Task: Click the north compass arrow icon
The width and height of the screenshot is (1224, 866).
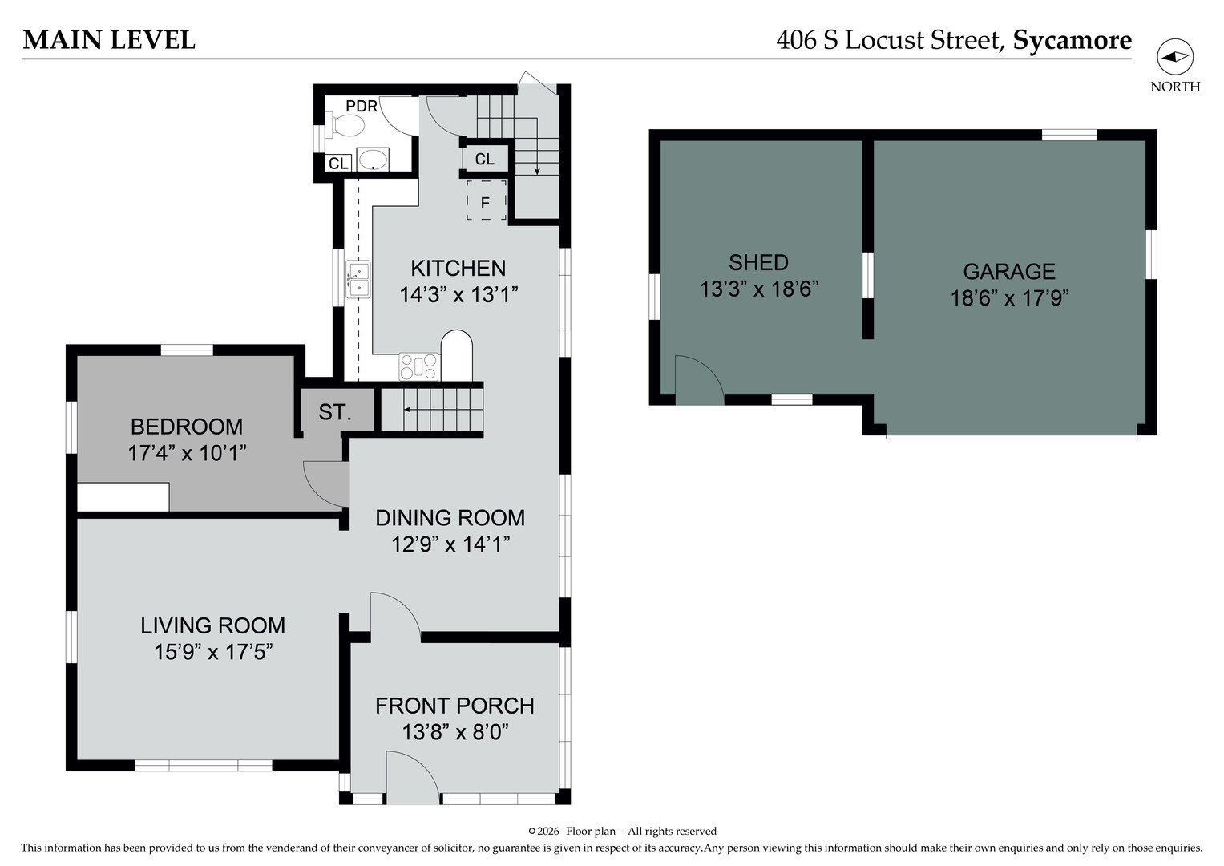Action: (x=1175, y=57)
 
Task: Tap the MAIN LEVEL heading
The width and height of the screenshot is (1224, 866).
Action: (x=109, y=40)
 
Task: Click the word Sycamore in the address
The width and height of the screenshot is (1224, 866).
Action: (x=1072, y=40)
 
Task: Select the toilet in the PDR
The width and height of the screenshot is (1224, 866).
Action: (x=346, y=125)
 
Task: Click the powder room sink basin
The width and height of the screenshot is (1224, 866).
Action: (x=373, y=160)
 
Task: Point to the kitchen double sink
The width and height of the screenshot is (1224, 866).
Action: (x=358, y=279)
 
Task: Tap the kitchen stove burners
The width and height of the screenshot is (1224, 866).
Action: (x=419, y=366)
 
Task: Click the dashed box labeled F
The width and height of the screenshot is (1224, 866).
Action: (x=486, y=200)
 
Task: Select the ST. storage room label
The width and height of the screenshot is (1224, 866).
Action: (x=334, y=412)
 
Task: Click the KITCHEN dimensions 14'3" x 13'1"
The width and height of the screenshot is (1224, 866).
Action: (x=458, y=295)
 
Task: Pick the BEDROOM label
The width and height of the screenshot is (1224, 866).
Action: (x=187, y=427)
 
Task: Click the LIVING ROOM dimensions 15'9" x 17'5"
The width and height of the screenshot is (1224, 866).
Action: (x=213, y=652)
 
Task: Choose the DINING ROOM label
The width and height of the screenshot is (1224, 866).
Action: (x=450, y=518)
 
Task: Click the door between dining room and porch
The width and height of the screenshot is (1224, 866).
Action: (x=394, y=615)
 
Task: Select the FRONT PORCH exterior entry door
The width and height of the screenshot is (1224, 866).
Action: (x=413, y=777)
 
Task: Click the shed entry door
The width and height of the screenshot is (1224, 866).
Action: (x=700, y=380)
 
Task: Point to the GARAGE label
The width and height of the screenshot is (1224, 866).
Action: (x=1009, y=271)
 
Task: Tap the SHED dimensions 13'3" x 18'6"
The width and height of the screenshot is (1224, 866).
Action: (x=759, y=289)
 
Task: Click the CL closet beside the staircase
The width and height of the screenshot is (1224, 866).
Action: (x=485, y=159)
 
